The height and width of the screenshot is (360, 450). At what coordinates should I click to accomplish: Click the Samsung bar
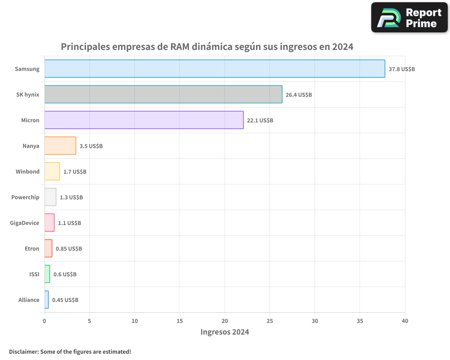tap(215, 69)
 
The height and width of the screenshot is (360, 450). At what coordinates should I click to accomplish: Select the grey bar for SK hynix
tap(163, 94)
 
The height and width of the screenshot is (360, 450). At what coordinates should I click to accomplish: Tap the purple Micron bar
tap(144, 120)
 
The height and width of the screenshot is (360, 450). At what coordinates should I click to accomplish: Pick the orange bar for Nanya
tap(60, 146)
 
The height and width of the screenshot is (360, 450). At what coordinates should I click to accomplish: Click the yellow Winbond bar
tap(52, 171)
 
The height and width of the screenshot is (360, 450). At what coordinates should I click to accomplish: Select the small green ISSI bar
tap(47, 274)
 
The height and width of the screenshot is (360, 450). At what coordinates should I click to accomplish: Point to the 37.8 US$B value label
tap(401, 69)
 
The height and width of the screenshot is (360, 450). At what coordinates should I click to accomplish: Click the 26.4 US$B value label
tap(299, 95)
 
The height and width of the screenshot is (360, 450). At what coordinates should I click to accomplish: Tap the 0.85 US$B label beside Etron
tap(69, 249)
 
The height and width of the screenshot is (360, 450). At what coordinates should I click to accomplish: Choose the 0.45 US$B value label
tap(65, 300)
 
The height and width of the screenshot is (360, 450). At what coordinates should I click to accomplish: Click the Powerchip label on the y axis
tap(25, 197)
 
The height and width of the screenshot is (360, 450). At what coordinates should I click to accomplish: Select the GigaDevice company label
tap(24, 223)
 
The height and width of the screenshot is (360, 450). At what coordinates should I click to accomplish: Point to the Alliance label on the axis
tap(29, 300)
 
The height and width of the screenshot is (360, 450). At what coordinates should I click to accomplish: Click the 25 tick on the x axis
tap(270, 321)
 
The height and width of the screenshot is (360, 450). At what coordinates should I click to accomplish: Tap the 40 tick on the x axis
tap(405, 321)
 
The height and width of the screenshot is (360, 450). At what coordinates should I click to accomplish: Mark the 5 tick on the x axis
tap(90, 321)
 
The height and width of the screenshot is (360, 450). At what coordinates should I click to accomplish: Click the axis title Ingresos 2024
tap(225, 332)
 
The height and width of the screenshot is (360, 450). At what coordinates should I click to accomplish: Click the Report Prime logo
tap(409, 18)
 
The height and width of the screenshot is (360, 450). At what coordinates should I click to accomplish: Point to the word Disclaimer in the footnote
tap(23, 351)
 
